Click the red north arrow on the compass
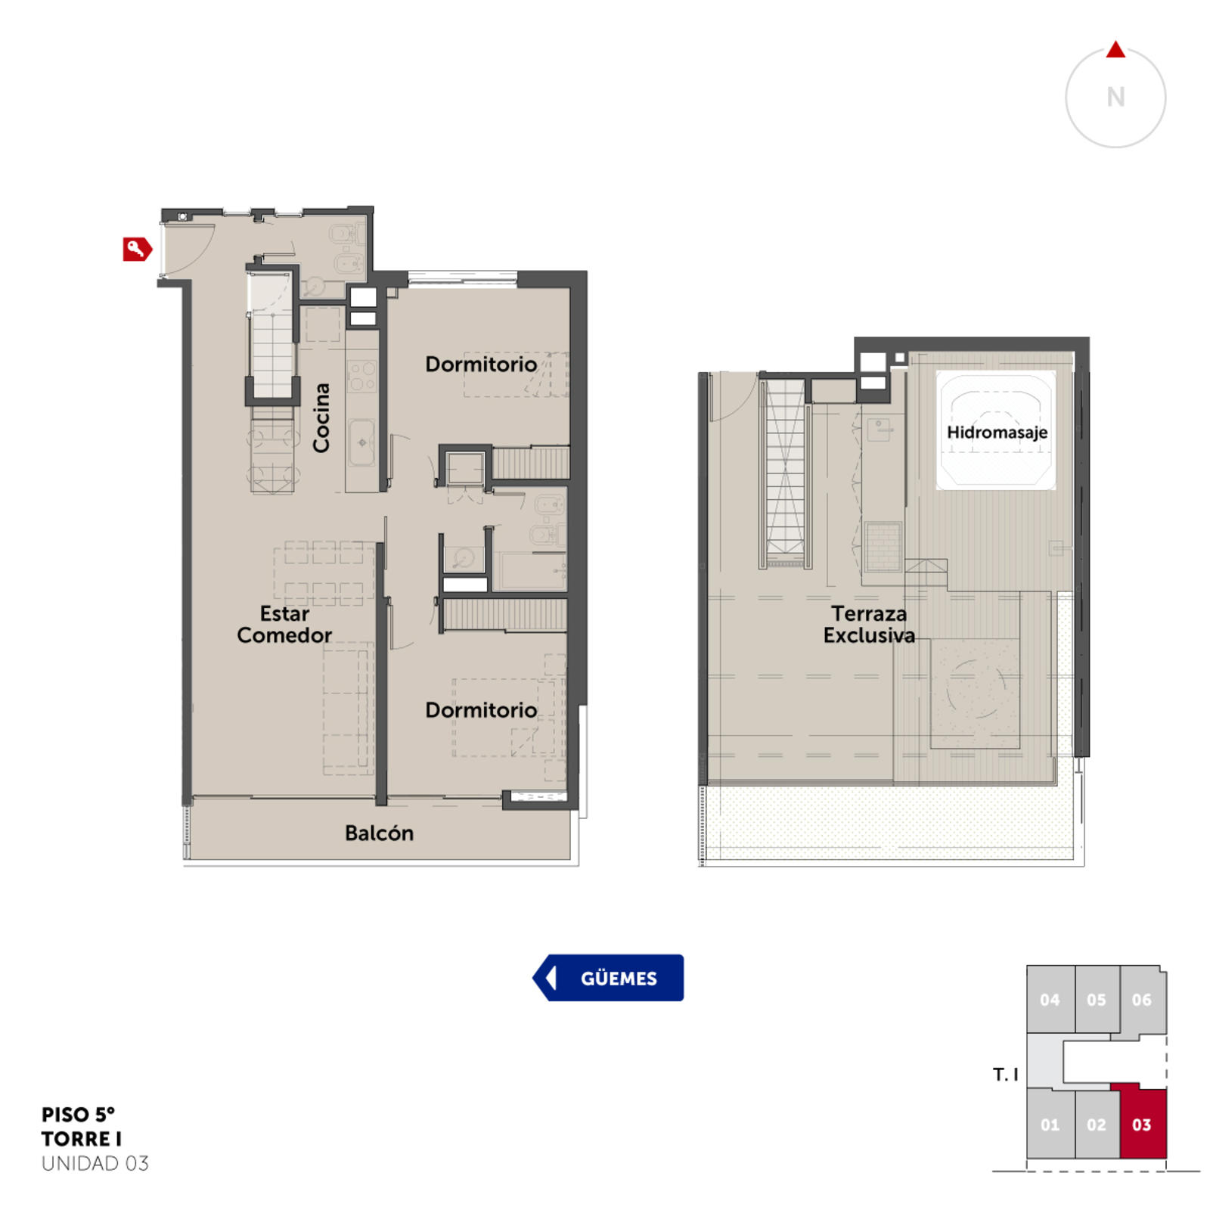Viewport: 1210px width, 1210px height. pos(1115,50)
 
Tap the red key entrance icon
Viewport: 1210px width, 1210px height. pos(138,249)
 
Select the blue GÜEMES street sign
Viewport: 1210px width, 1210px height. pos(608,977)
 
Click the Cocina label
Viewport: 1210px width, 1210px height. pos(321,417)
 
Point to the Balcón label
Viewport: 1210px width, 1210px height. pos(379,833)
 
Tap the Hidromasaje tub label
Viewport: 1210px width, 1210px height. pos(997,433)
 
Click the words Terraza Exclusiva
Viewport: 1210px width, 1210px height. pos(869,624)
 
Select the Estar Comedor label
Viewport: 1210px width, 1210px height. pos(284,624)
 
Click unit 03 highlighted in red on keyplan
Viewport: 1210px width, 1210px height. pos(1142,1124)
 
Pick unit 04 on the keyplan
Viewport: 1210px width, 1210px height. pos(1050,999)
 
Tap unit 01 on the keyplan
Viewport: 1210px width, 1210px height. pos(1050,1124)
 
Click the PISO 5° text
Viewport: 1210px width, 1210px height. pos(78,1114)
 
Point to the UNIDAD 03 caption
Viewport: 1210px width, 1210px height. pos(95,1163)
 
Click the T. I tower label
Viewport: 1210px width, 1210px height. pos(1005,1074)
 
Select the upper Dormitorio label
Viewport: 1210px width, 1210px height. pos(481,364)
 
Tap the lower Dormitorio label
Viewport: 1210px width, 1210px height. pos(481,709)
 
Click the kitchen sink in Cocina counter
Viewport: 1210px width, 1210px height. pos(361,442)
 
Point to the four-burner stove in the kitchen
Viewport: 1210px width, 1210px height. pos(361,376)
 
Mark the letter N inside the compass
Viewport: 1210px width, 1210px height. pos(1115,97)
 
